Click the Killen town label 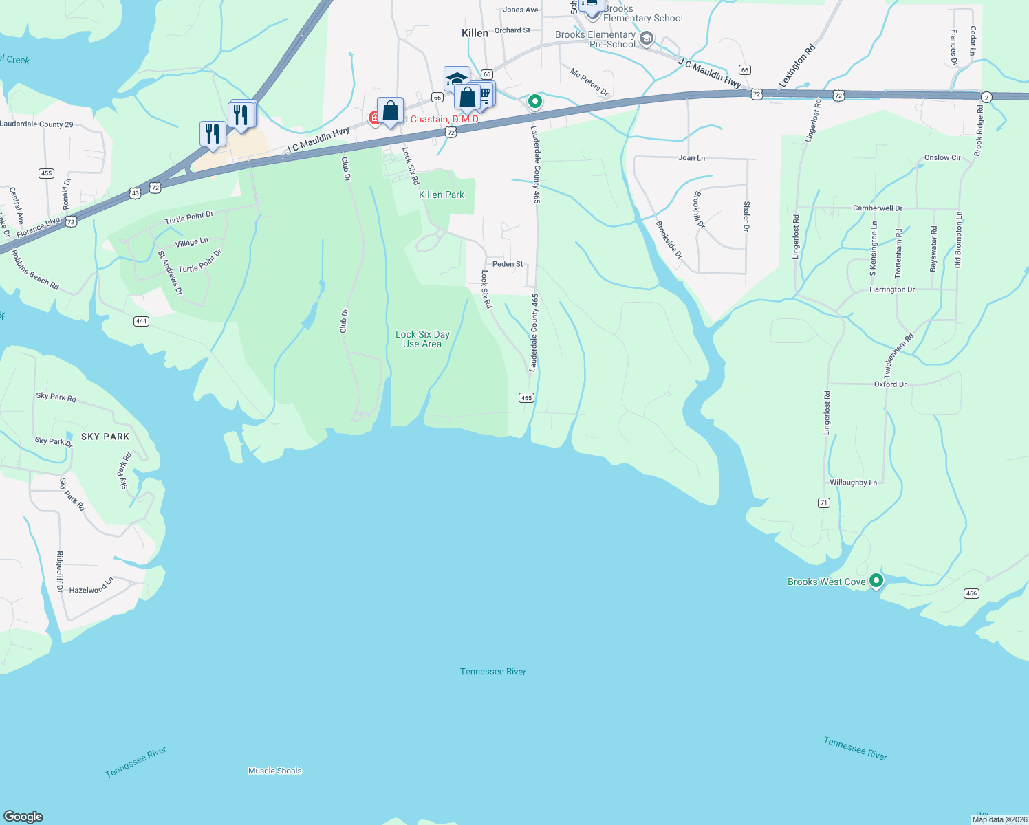tap(475, 33)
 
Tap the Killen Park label tap(442, 195)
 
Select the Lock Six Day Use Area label tap(422, 339)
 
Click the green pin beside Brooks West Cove tap(876, 581)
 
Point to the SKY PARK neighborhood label tap(105, 437)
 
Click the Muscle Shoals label tap(275, 771)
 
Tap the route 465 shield tap(526, 398)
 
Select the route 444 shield tap(141, 321)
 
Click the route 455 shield tap(46, 173)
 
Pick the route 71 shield tap(823, 503)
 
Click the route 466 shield tap(971, 593)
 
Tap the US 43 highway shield tap(136, 194)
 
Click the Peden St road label tap(508, 264)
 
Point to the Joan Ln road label tap(691, 158)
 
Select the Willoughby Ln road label tap(853, 483)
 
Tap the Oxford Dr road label tap(890, 384)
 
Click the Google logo tap(23, 817)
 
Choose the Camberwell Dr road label tap(877, 208)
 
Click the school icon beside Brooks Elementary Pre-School tap(646, 38)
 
